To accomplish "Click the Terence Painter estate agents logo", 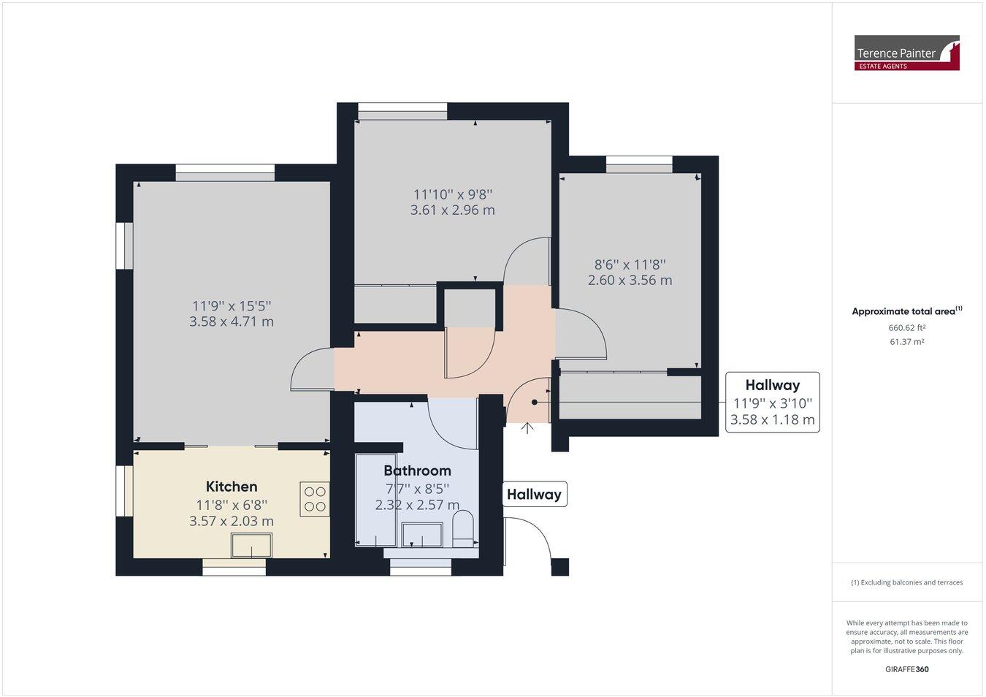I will pos(906,53).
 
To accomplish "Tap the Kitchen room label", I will pos(232,487).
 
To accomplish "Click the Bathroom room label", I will pos(417,471).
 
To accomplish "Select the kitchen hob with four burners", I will pos(315,499).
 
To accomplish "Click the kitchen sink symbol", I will pos(251,545).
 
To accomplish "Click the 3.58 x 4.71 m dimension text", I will pos(232,321).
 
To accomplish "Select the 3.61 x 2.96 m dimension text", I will pos(452,210).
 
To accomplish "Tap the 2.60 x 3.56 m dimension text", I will pos(630,280).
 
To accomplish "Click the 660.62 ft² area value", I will pos(906,327).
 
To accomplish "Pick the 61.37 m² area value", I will pos(906,342).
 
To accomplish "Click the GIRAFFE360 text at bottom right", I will pos(906,669).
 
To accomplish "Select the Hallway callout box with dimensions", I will pos(772,403).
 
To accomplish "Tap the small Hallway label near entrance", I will pos(534,495).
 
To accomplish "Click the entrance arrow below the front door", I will pos(527,428).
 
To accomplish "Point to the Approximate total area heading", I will pos(906,311).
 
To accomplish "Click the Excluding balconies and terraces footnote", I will pos(906,582).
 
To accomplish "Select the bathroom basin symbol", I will pos(422,535).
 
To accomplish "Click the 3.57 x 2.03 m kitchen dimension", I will pos(232,521).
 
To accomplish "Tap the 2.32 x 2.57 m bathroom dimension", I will pos(417,505).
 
